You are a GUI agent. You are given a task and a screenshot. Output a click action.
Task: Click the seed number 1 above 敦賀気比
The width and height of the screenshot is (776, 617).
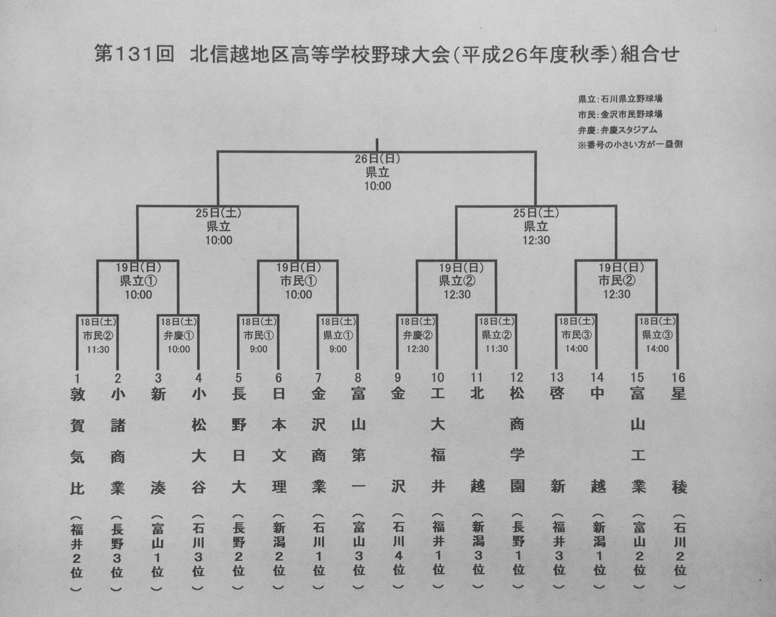point(77,378)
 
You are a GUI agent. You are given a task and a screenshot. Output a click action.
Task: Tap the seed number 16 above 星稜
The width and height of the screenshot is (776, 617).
point(678,377)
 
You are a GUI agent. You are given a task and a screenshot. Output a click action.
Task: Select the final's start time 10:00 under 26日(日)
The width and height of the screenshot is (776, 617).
point(378,186)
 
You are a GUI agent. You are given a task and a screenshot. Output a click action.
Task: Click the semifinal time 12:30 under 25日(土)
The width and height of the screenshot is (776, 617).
point(536,240)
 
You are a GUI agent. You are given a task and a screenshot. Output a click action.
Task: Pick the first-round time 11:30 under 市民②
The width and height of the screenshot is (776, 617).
point(98,349)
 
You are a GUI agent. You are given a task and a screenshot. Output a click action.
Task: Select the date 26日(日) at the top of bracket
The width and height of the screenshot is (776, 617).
point(377,159)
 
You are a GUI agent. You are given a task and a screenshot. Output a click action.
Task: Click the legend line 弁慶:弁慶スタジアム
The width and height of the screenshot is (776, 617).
point(618,130)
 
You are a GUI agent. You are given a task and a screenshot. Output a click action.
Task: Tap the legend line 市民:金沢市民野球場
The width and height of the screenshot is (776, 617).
point(620,114)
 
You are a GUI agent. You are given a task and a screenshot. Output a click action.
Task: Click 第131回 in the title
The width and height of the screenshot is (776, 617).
point(134,54)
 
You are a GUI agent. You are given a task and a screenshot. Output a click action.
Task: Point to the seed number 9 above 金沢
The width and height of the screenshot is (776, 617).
point(397,378)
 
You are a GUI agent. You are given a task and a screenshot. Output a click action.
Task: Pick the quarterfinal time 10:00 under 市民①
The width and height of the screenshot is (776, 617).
point(299,294)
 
